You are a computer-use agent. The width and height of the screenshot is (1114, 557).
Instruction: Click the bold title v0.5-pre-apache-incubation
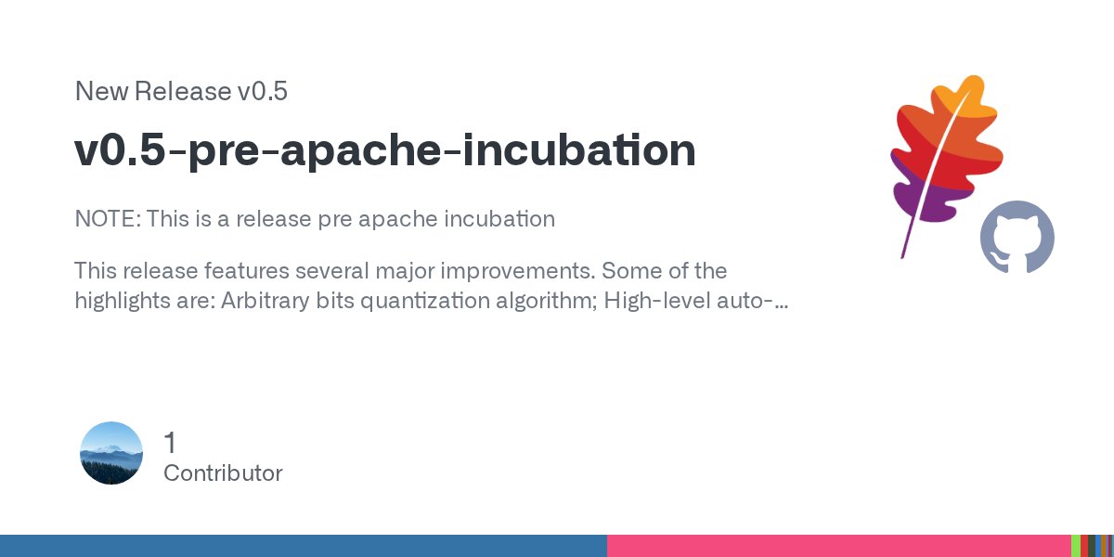pyautogui.click(x=385, y=150)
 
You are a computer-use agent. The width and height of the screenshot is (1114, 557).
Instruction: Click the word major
pyautogui.click(x=449, y=271)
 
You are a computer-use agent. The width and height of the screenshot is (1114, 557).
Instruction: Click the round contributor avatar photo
pyautogui.click(x=111, y=453)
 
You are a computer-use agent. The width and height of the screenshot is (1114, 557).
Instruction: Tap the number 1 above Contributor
pyautogui.click(x=170, y=442)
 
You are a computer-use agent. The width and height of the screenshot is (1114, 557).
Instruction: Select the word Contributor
pyautogui.click(x=223, y=473)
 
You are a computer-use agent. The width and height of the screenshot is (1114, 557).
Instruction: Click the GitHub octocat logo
pyautogui.click(x=1017, y=238)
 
